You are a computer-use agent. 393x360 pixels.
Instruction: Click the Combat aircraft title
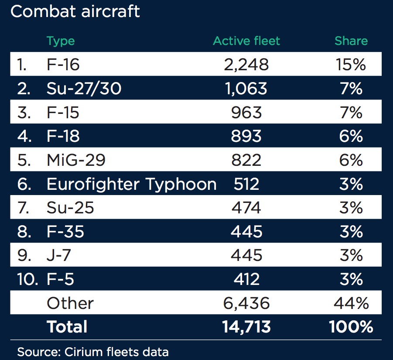pos(75,11)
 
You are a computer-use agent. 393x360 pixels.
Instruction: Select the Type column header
pos(61,41)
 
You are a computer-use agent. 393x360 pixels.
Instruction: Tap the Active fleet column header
pos(246,41)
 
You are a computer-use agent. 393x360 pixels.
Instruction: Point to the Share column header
pos(351,41)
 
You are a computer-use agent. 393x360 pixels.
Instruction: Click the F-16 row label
pos(63,65)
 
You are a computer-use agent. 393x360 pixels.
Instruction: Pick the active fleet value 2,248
pos(246,65)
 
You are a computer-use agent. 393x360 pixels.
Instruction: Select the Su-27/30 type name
pos(84,89)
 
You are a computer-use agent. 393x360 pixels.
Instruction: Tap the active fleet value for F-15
pos(246,112)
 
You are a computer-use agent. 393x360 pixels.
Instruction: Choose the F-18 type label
pos(63,136)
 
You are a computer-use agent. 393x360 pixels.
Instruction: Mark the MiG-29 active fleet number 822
pos(246,160)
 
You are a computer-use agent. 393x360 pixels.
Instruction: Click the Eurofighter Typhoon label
pos(131,184)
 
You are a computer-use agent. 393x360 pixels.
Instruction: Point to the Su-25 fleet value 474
pos(246,208)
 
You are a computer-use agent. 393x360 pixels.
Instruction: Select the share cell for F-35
pos(351,231)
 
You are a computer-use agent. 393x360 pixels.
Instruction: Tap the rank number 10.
pos(28,279)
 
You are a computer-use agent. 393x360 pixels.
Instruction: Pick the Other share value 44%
pos(351,303)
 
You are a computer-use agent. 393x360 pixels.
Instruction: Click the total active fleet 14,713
pos(246,326)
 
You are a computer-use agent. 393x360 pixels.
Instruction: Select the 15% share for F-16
pos(351,65)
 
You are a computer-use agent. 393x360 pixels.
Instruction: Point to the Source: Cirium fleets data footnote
pos(93,351)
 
